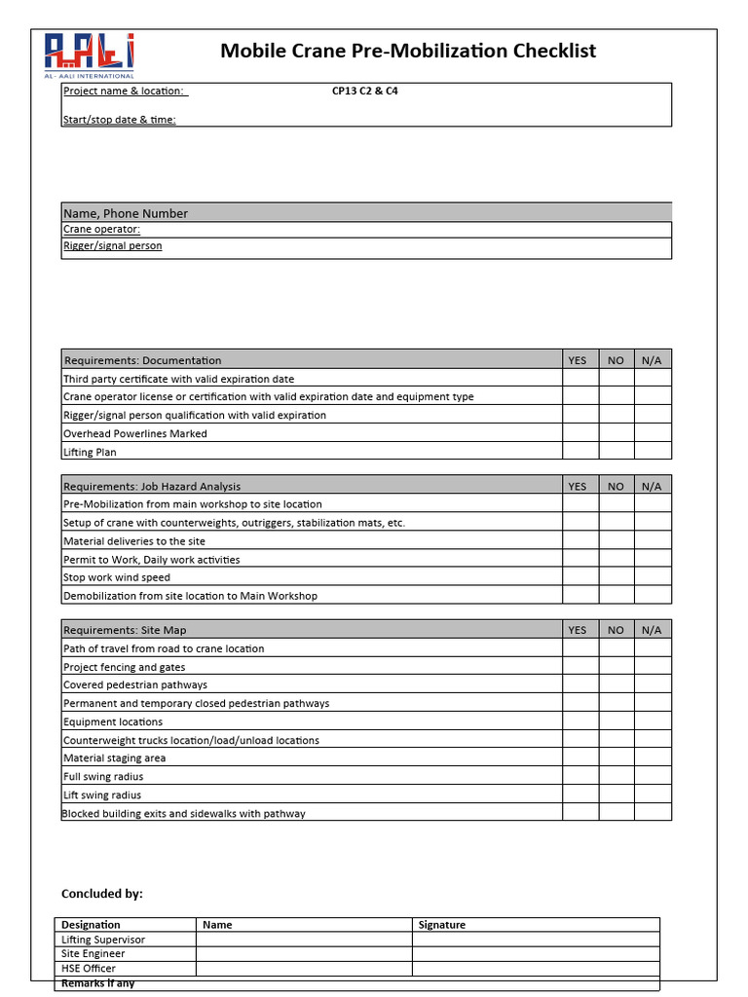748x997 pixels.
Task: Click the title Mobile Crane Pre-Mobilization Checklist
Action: (x=408, y=51)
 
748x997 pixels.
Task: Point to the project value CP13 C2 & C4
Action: (x=364, y=92)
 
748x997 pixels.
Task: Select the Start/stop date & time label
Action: (x=119, y=120)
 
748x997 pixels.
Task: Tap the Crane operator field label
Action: (x=101, y=230)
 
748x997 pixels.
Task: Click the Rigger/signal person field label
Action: (x=112, y=246)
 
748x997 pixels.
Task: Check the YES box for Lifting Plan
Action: (x=580, y=452)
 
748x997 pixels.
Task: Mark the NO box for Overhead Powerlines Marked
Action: (x=616, y=433)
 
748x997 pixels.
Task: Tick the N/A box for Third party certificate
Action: (x=653, y=379)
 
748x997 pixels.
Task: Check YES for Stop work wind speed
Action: (x=580, y=577)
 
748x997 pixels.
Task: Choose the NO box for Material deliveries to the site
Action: (x=616, y=540)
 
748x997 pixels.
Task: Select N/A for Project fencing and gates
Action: (x=653, y=667)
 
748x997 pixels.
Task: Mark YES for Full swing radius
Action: (x=580, y=776)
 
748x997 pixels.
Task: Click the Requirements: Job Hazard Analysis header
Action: (x=152, y=486)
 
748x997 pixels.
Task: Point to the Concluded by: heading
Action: (x=101, y=893)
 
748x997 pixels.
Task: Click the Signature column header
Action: (x=442, y=925)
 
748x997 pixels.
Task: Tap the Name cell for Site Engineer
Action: (x=304, y=954)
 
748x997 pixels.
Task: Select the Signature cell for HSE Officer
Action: (x=535, y=968)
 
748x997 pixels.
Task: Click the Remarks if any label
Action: (x=97, y=983)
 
